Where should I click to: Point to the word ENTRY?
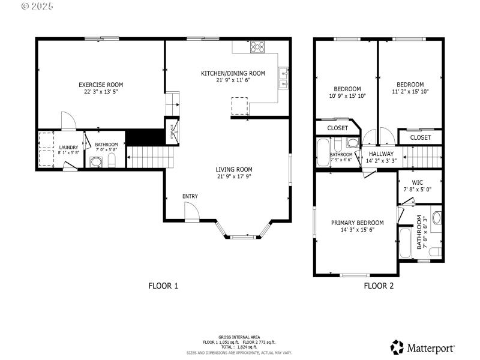pyautogui.click(x=190, y=196)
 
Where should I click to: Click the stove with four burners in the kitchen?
pyautogui.click(x=257, y=46)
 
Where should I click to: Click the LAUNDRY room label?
pyautogui.click(x=68, y=147)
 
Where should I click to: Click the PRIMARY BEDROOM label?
pyautogui.click(x=357, y=223)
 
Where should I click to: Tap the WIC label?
pyautogui.click(x=418, y=182)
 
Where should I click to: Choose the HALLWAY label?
pyautogui.click(x=381, y=154)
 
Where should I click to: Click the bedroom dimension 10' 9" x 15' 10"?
pyautogui.click(x=347, y=95)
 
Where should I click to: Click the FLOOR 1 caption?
pyautogui.click(x=163, y=286)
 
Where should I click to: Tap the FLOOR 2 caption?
pyautogui.click(x=379, y=286)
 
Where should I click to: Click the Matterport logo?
pyautogui.click(x=422, y=347)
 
